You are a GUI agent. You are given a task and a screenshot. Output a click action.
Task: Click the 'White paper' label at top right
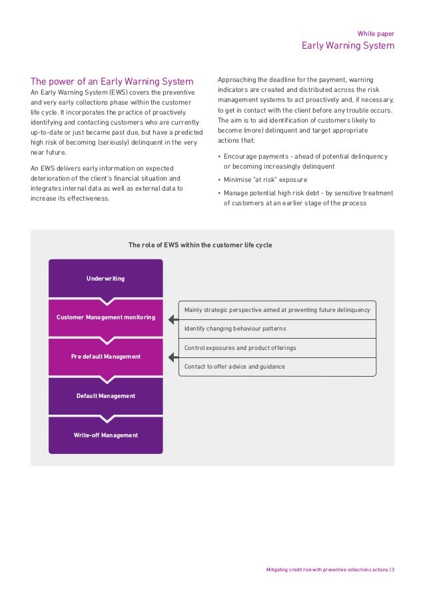point(376,32)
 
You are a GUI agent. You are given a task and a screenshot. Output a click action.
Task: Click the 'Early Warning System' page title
point(348,46)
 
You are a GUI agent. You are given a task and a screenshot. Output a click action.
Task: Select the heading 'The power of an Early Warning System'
point(112,81)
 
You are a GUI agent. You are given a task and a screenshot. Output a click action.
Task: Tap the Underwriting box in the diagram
point(105,278)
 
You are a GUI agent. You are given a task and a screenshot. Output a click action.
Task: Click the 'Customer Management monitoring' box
point(105,317)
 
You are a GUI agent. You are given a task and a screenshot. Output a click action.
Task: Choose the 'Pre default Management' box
point(105,357)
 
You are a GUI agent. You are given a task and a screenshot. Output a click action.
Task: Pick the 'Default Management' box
point(105,396)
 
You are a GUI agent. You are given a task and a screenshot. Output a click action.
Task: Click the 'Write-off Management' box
point(105,435)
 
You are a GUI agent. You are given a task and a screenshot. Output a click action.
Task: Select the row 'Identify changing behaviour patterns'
point(277,329)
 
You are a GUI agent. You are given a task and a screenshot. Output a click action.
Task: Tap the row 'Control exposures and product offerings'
point(277,348)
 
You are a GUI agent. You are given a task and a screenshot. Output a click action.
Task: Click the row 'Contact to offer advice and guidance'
point(277,367)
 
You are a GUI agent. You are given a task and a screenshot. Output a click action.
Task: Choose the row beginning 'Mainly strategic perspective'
point(277,310)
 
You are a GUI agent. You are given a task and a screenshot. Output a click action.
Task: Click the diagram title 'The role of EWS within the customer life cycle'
point(200,245)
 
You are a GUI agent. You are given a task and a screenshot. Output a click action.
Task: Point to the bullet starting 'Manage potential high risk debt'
point(306,198)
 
